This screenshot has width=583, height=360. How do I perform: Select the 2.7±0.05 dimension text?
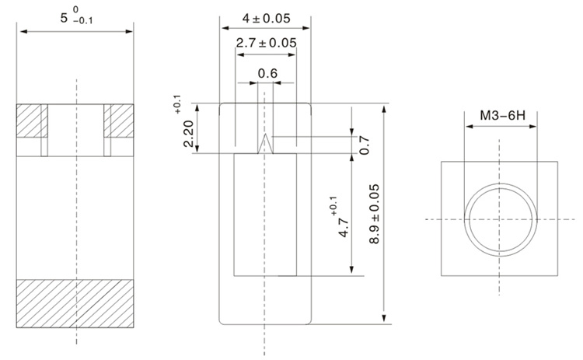[x=266, y=44]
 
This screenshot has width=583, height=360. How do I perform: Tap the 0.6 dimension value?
[x=267, y=73]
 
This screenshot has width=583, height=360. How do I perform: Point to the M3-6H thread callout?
[x=501, y=116]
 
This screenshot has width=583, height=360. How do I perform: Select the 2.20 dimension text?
[x=188, y=134]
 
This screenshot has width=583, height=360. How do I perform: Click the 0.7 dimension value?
[x=364, y=144]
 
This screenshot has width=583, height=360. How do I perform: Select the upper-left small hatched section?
[x=32, y=121]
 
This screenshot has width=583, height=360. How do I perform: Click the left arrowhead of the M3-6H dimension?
[x=467, y=128]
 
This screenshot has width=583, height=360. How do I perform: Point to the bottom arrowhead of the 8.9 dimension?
[x=384, y=320]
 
